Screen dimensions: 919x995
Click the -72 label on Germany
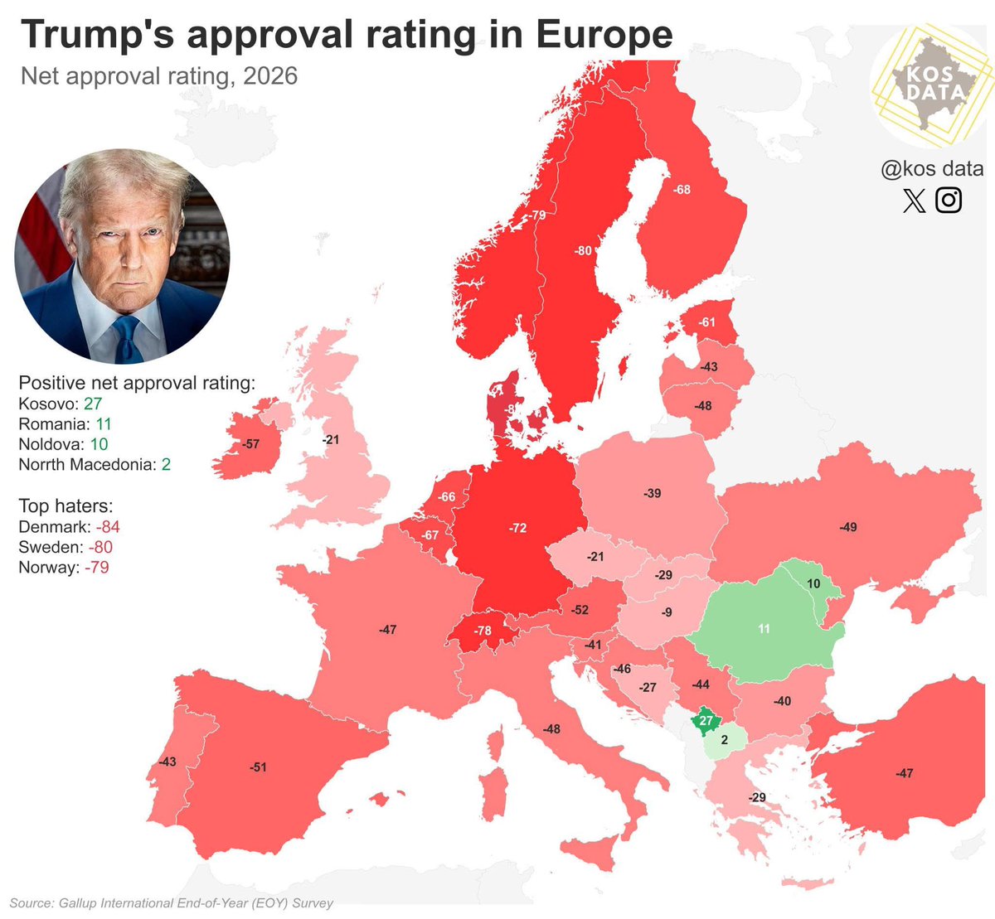518,528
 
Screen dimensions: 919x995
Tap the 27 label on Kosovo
706,721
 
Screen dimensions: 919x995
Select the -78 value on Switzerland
483,631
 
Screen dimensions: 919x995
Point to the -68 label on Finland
682,190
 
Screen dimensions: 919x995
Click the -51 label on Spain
259,767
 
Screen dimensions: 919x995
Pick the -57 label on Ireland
250,444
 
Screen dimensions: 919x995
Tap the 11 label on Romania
764,629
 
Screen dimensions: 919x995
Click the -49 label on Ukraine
847,527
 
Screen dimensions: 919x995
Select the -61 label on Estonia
706,322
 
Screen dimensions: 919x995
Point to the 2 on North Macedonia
724,741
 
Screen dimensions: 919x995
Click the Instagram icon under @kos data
949,200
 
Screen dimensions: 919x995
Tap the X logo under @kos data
914,201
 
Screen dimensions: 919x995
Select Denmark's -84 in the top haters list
108,527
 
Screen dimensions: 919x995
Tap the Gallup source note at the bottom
172,902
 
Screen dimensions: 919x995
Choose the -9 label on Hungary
667,613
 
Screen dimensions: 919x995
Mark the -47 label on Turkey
904,773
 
